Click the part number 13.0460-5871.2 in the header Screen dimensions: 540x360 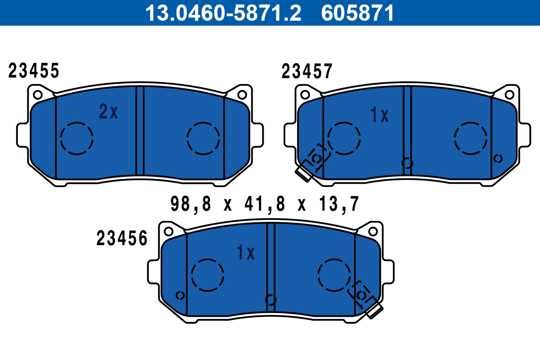[x=223, y=13]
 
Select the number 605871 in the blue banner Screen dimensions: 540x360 [x=357, y=13]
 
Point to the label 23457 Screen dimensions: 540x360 [x=307, y=71]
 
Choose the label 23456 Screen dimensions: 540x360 [x=122, y=238]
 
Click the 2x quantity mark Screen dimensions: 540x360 [x=108, y=112]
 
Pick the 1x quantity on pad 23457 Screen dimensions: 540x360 [x=379, y=115]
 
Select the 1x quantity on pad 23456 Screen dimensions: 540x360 [x=246, y=252]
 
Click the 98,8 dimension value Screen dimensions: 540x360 [x=191, y=204]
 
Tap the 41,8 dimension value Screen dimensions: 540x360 [x=265, y=204]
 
